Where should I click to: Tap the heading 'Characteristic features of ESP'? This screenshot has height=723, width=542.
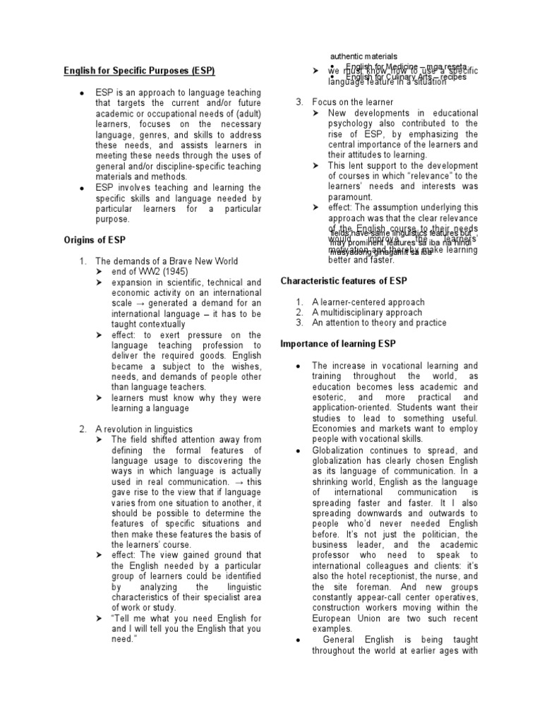346,281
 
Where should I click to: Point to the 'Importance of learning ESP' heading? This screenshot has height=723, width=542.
338,344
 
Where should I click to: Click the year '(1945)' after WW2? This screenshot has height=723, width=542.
182,272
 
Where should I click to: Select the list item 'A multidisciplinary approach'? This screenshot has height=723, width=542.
367,312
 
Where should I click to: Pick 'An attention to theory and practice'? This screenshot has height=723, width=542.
379,323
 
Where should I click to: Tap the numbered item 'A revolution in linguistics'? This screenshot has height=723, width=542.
143,429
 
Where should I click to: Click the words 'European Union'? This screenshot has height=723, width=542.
345,618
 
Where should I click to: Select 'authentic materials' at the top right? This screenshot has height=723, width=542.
364,56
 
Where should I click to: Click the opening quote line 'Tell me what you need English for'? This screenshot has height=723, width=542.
187,619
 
